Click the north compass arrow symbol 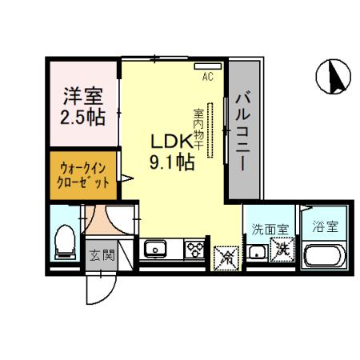(335, 76)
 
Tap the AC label (207, 78)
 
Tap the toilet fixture (64, 241)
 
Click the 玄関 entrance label (101, 256)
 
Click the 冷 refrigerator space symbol (227, 257)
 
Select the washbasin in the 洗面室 (258, 254)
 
